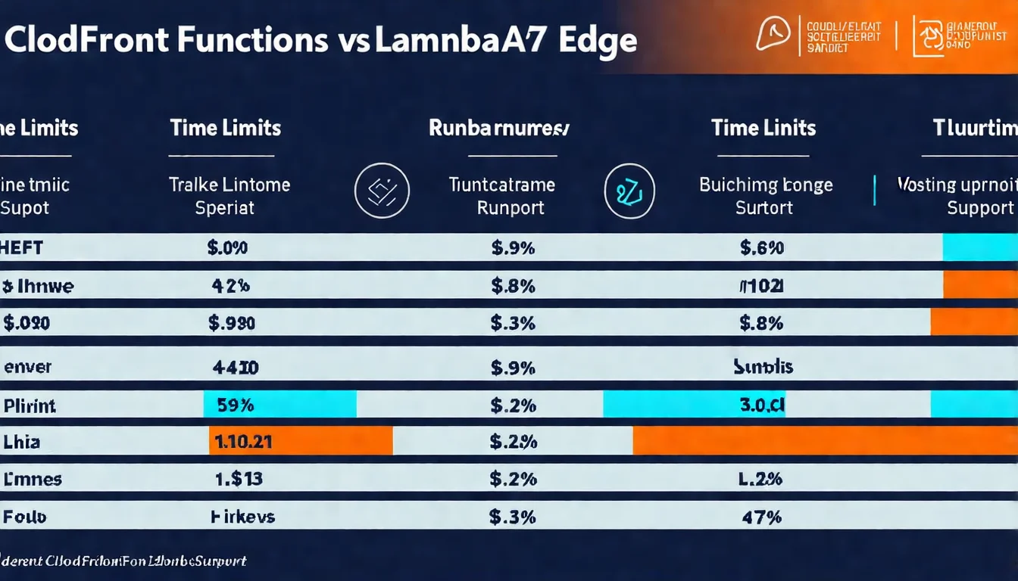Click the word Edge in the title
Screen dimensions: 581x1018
tap(596, 40)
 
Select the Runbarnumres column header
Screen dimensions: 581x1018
tap(498, 127)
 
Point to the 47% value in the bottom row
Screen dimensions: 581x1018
tap(763, 517)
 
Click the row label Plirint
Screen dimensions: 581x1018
tap(30, 405)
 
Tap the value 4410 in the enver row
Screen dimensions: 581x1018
tap(235, 368)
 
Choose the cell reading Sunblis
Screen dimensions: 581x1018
tap(763, 367)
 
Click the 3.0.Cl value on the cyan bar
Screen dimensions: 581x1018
tap(761, 405)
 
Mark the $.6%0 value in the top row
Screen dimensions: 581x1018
tap(761, 247)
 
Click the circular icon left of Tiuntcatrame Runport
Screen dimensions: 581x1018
tap(382, 191)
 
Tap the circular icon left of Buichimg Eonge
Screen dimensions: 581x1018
tap(629, 191)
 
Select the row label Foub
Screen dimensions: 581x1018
tap(25, 517)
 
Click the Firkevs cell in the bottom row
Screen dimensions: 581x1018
tap(242, 517)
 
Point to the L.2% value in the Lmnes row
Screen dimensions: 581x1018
tap(761, 479)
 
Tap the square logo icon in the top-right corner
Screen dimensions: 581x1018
tap(928, 36)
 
